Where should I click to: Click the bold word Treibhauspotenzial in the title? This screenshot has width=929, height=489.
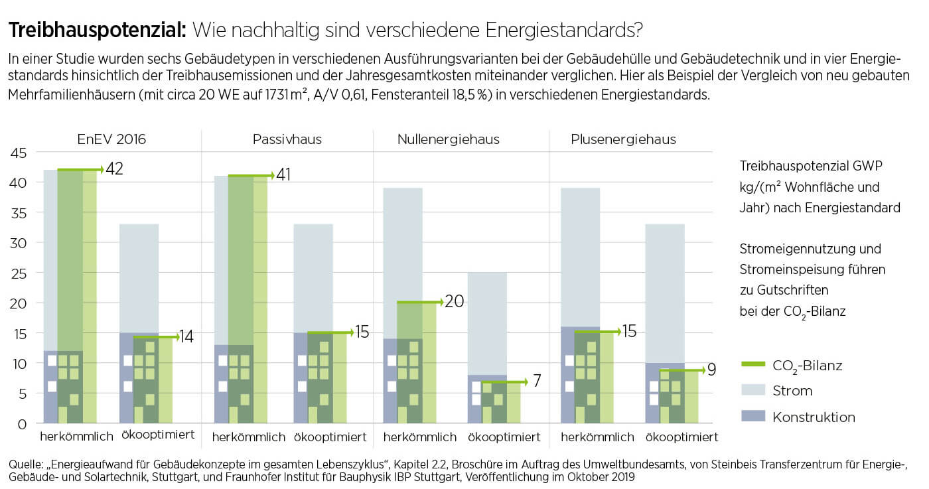point(97,31)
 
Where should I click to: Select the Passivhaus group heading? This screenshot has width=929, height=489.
point(287,139)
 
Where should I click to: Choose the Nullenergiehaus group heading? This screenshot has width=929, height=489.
point(449,139)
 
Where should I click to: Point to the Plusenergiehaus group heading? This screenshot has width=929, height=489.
point(623,139)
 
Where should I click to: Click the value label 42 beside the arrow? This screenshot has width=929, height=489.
point(114,169)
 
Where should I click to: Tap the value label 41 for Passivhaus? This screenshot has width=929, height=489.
point(283,175)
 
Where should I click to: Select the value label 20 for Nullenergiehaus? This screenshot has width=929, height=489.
point(455,301)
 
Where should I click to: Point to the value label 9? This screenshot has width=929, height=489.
point(711,370)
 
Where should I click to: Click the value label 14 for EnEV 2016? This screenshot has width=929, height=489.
point(186,336)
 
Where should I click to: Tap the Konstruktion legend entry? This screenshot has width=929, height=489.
point(814,417)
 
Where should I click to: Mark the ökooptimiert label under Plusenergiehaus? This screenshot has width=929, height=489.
point(681,437)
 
